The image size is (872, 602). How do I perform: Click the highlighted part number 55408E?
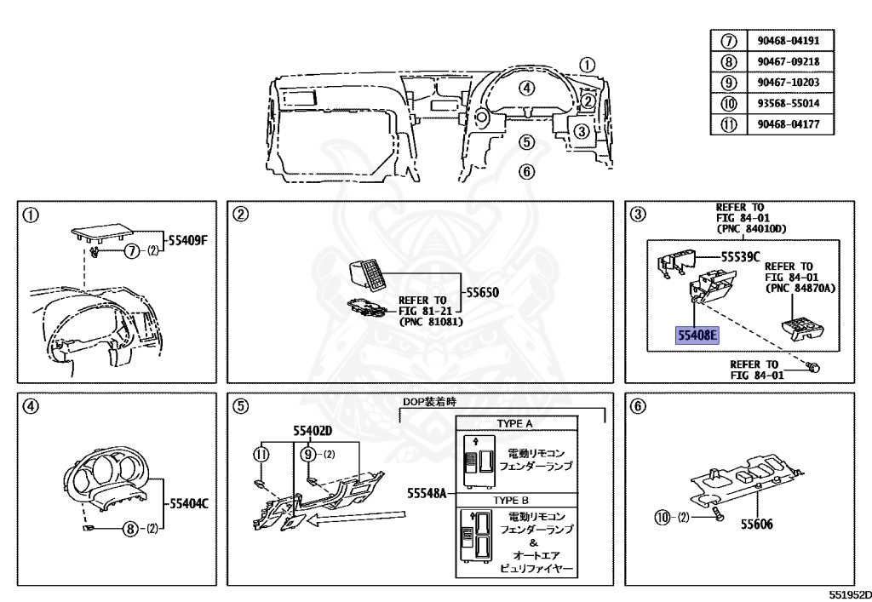(697, 335)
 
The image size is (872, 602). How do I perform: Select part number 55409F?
(187, 241)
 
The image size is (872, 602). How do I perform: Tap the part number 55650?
(482, 292)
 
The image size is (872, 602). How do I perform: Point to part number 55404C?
(189, 503)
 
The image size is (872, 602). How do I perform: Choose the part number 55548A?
(427, 492)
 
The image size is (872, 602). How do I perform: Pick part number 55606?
(756, 525)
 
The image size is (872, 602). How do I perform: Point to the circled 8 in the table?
(728, 61)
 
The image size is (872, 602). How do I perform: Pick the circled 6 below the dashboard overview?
(527, 171)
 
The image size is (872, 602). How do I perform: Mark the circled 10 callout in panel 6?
(663, 517)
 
